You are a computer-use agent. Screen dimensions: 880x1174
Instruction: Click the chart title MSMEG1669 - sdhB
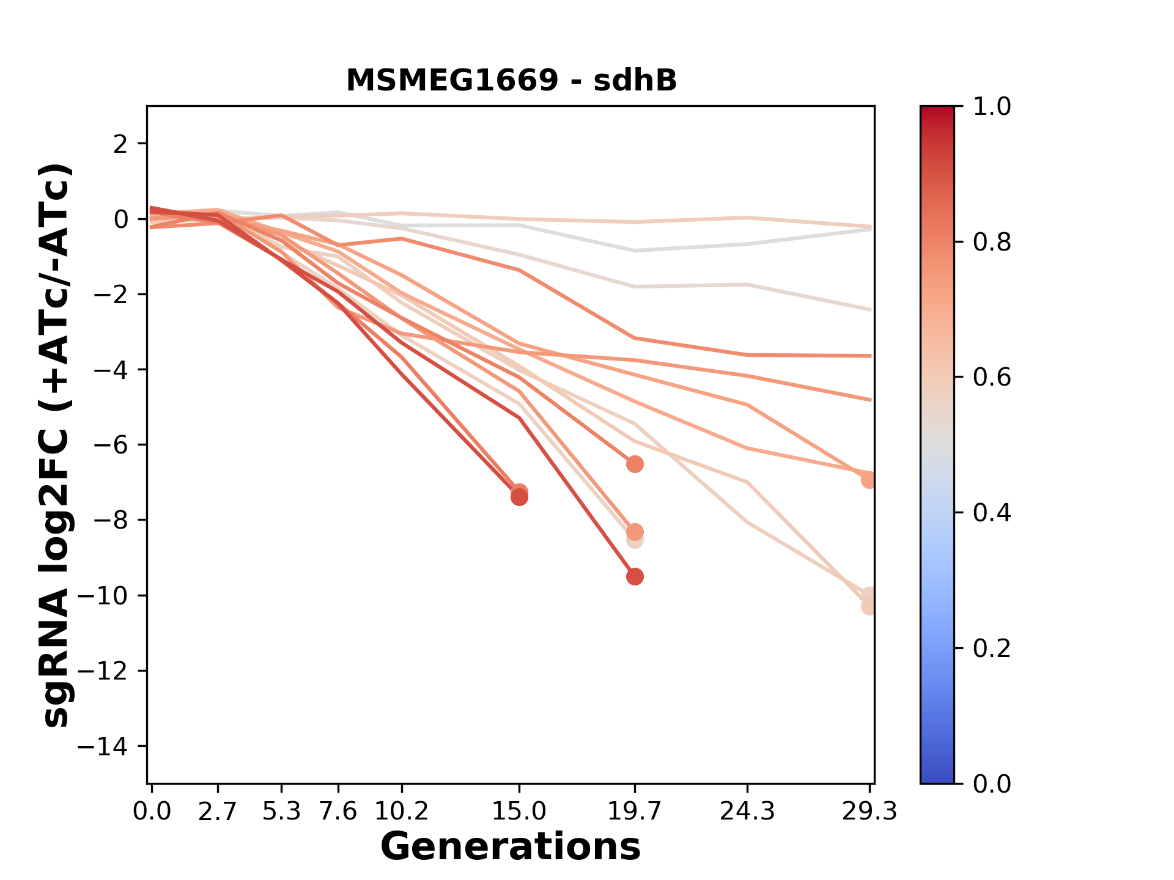(x=511, y=81)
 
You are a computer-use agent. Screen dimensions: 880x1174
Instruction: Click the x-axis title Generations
(x=511, y=847)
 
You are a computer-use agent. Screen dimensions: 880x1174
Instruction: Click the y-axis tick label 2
(x=121, y=144)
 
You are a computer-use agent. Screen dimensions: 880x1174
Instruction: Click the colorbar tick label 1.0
(x=992, y=107)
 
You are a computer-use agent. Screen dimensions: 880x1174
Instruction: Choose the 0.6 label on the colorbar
(x=992, y=378)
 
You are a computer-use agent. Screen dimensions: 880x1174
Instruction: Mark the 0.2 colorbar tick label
(x=992, y=648)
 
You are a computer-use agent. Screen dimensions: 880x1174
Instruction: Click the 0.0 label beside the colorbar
(x=992, y=783)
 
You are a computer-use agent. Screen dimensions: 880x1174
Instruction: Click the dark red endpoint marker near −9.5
(x=635, y=576)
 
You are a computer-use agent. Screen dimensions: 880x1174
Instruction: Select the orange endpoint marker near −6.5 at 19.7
(x=635, y=464)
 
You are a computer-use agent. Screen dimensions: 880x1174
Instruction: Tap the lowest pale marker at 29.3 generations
(x=869, y=606)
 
